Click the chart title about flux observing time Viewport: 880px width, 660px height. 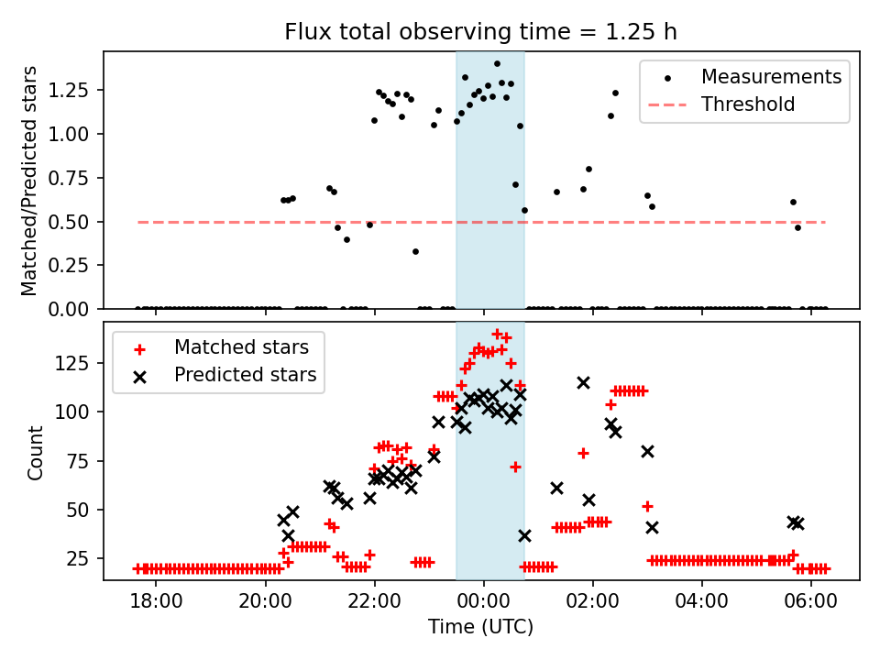tap(481, 33)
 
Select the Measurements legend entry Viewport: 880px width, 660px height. tap(771, 76)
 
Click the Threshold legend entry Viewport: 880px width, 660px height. tap(748, 104)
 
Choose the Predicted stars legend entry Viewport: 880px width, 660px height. tap(246, 375)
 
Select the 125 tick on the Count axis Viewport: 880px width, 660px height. tap(80, 363)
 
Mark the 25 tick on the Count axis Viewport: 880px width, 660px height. tap(83, 558)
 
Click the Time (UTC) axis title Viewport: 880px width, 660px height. tap(481, 628)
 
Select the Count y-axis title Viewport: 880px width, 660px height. tap(36, 452)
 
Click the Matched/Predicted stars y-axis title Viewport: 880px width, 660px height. tap(29, 181)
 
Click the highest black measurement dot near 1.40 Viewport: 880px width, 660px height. tap(497, 64)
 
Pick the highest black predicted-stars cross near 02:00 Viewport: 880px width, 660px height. tap(583, 382)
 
